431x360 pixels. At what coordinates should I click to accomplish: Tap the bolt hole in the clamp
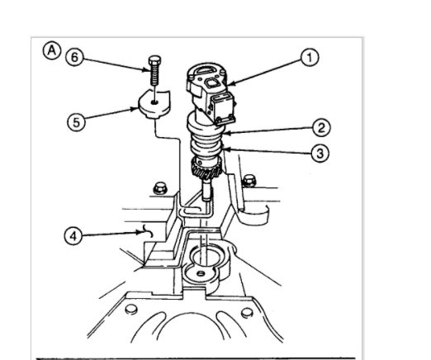156,106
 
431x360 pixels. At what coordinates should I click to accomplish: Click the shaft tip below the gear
203,197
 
